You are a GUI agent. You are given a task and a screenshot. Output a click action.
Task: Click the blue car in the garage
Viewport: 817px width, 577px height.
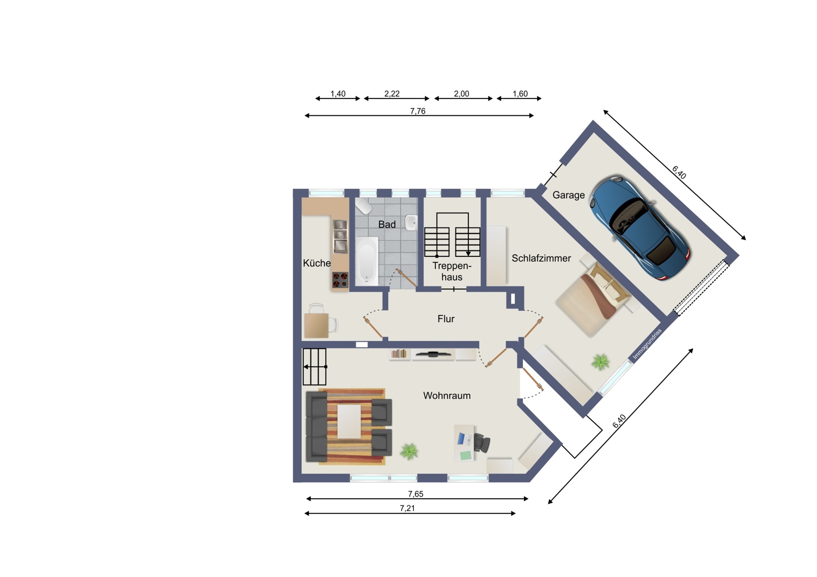tap(639, 228)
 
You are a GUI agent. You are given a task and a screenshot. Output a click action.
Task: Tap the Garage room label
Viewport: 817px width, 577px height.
tap(568, 195)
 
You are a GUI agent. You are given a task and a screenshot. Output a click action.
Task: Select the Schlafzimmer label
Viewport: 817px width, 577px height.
tap(541, 258)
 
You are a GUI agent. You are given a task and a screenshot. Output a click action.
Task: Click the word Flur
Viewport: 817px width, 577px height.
tap(446, 319)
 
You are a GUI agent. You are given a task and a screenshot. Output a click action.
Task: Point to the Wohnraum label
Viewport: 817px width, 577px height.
tap(447, 396)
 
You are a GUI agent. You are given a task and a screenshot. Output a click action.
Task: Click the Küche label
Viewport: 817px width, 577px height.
tap(316, 263)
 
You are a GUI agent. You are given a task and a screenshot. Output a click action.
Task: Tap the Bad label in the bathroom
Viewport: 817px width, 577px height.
tap(387, 224)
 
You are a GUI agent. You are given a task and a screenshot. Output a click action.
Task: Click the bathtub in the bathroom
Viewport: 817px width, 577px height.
tap(367, 261)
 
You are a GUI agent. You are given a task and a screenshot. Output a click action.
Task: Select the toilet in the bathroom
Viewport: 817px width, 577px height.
tap(363, 206)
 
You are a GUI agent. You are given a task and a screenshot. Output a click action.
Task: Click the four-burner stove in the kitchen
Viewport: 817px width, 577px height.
tap(340, 280)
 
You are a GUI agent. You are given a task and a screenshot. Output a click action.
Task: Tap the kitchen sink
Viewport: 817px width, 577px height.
tap(340, 237)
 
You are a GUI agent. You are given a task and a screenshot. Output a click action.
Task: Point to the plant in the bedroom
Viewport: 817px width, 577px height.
tap(600, 362)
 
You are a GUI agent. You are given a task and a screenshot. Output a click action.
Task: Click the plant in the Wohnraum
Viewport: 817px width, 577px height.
tap(409, 451)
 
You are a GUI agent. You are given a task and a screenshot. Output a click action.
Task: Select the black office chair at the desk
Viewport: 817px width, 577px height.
tap(481, 443)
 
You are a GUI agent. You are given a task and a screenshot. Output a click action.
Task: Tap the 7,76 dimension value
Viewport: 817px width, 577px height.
tap(418, 111)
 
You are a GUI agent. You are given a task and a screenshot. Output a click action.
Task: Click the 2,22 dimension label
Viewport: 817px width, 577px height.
tap(392, 94)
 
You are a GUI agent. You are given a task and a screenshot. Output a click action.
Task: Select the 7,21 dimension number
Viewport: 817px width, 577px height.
tap(407, 508)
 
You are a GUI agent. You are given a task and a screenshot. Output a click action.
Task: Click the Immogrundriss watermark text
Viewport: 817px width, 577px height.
tap(647, 344)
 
